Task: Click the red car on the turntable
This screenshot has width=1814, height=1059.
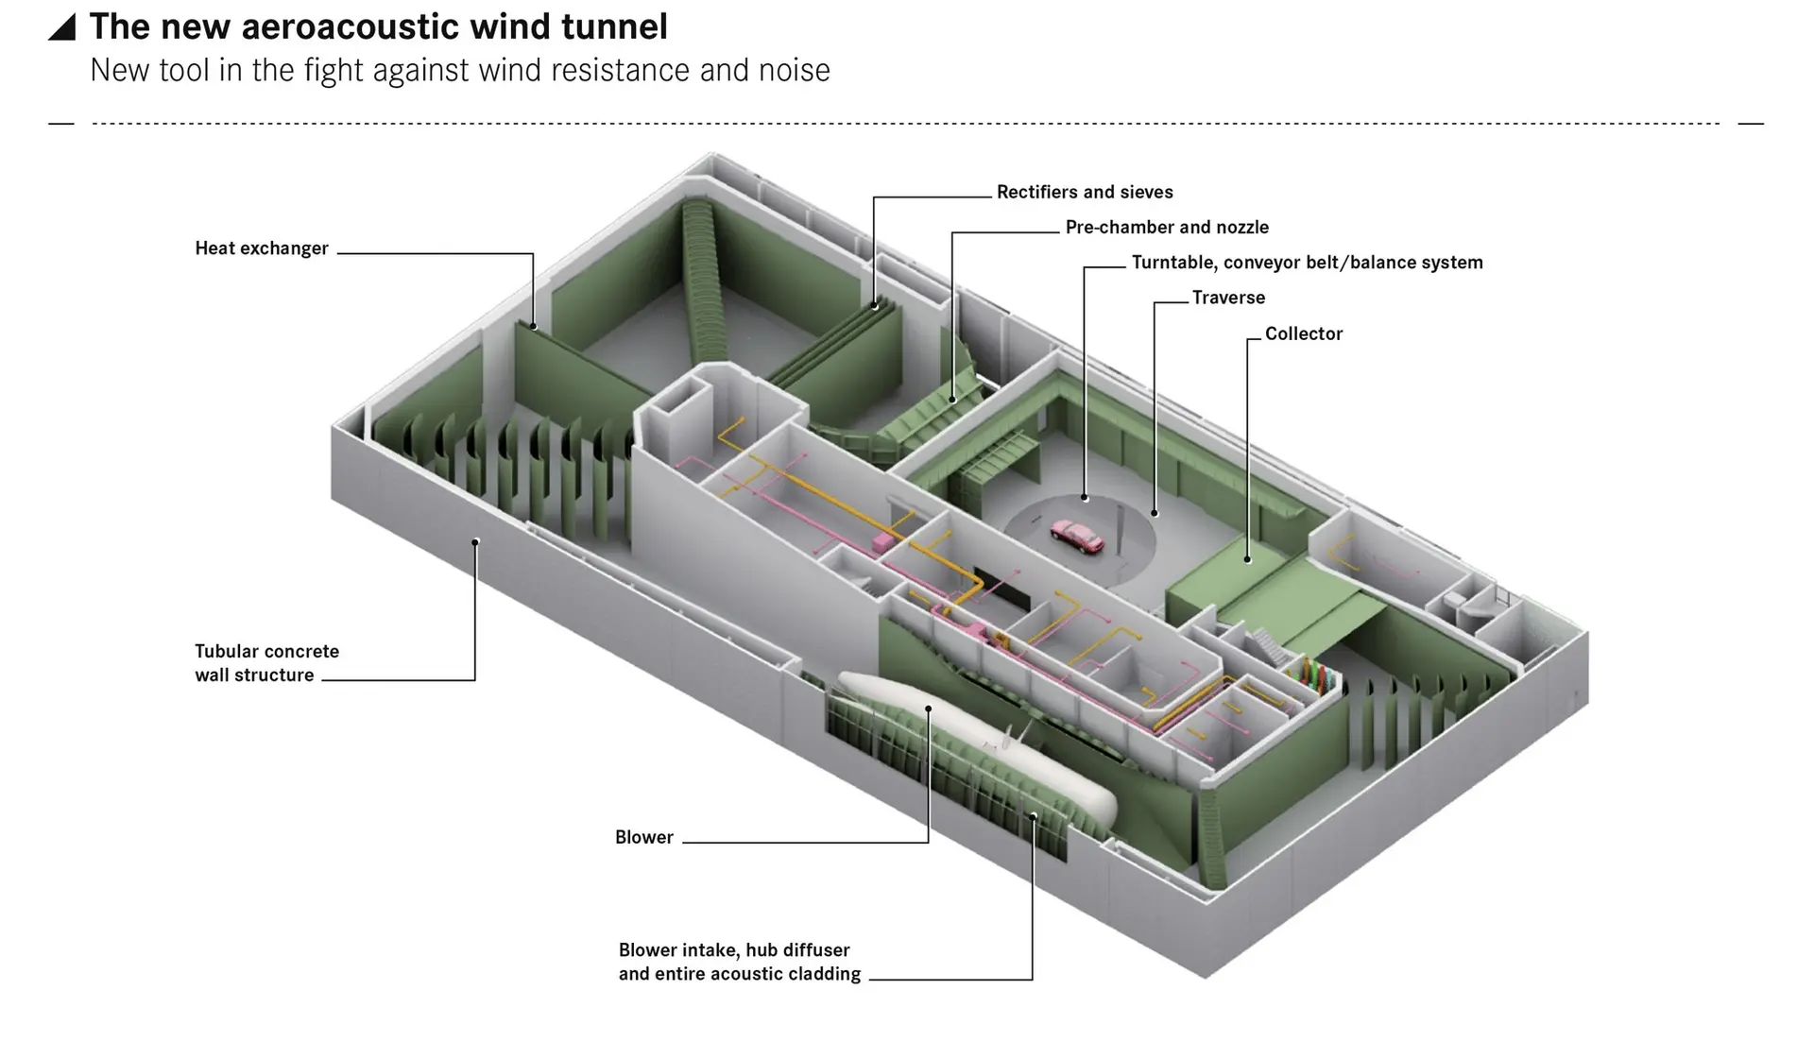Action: pos(1077,537)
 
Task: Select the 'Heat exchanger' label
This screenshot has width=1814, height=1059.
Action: pos(261,248)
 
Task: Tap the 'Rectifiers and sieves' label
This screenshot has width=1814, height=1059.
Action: pos(1085,192)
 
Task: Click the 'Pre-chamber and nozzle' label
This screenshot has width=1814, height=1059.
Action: pos(1167,227)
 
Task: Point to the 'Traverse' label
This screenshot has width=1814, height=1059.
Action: pos(1228,298)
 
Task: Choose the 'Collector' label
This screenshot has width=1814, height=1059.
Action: pos(1303,333)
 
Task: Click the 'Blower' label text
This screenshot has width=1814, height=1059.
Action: pos(643,837)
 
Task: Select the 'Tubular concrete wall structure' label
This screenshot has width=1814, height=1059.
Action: pos(266,663)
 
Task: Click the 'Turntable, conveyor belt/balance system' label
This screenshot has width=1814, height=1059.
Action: pos(1307,263)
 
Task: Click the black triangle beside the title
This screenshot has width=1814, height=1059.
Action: pos(62,27)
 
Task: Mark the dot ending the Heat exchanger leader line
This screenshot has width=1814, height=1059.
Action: pos(533,327)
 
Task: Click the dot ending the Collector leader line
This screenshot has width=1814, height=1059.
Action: pos(1247,559)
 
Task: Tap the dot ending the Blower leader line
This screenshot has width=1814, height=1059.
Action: pos(929,709)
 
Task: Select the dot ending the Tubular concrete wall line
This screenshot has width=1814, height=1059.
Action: pos(475,542)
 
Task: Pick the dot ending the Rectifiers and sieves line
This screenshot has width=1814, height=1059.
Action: pos(875,306)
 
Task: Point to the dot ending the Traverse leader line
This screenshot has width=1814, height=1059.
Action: pos(1155,513)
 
